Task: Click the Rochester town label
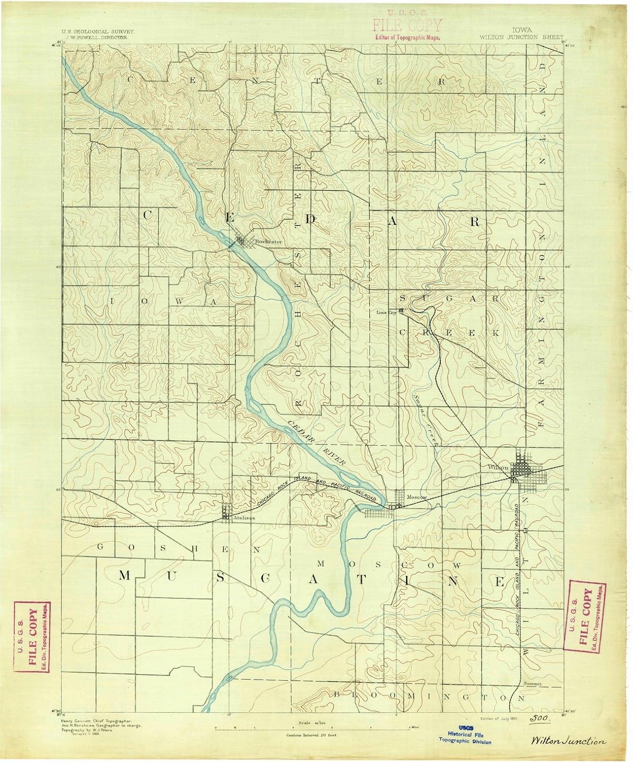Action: click(269, 242)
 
